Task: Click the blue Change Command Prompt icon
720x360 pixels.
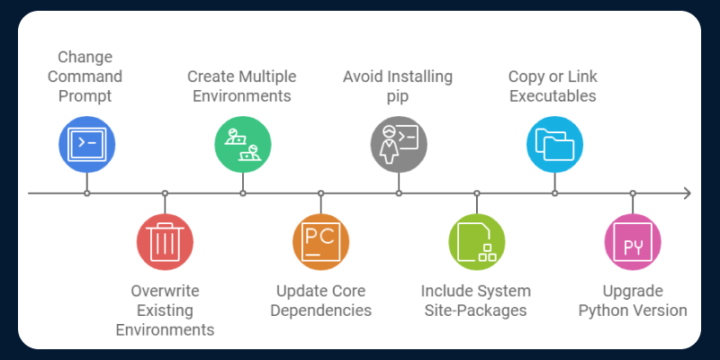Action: coord(86,144)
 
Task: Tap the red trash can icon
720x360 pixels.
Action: coord(165,243)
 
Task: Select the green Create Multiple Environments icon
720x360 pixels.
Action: coord(243,144)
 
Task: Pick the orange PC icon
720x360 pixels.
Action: coord(320,243)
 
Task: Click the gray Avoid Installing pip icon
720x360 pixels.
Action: coord(399,144)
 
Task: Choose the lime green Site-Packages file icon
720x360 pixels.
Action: coord(477,243)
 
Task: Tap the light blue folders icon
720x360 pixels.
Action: coord(554,144)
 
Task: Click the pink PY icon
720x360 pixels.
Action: coord(633,243)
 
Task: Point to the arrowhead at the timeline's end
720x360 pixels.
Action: coord(687,193)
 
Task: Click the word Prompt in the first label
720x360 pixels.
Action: coord(86,96)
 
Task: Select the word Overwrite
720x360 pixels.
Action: coord(165,291)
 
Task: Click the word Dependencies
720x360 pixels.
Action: coord(321,310)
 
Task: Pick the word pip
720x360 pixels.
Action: coord(399,96)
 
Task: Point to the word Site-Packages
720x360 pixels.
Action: coord(476,310)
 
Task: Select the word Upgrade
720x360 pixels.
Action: coord(633,291)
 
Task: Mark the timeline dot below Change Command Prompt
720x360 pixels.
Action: coord(86,193)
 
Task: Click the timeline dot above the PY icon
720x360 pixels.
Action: coord(633,193)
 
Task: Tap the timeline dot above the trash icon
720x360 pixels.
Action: coord(165,193)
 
